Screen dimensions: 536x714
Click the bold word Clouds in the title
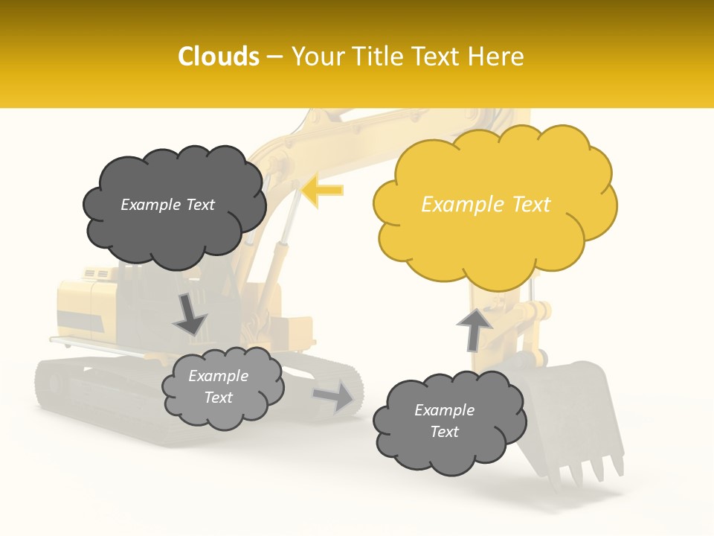coord(219,57)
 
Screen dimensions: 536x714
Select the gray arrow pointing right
coord(333,396)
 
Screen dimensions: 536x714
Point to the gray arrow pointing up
coord(474,329)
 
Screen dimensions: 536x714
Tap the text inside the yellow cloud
coord(486,205)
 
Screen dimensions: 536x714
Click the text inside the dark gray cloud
coord(168,205)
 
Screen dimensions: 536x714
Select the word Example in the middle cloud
coord(218,376)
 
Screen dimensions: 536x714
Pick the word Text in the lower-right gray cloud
coord(444,432)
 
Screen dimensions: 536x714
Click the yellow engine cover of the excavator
coord(86,305)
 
